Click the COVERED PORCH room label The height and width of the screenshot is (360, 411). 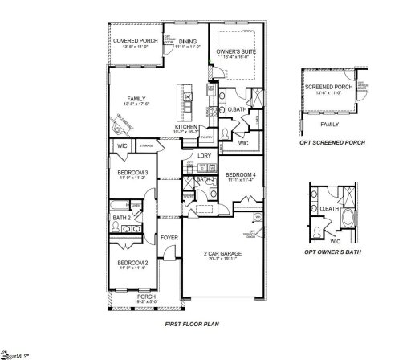pyautogui.click(x=135, y=40)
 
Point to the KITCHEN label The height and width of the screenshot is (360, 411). pyautogui.click(x=186, y=127)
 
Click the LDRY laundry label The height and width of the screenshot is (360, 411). pyautogui.click(x=204, y=155)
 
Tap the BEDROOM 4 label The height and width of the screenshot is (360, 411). pyautogui.click(x=240, y=175)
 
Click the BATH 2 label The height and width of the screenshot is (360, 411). pyautogui.click(x=121, y=218)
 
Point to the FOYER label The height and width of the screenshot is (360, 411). pyautogui.click(x=169, y=237)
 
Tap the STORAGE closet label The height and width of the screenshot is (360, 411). pyautogui.click(x=146, y=146)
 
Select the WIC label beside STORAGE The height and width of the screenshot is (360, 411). pyautogui.click(x=122, y=145)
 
